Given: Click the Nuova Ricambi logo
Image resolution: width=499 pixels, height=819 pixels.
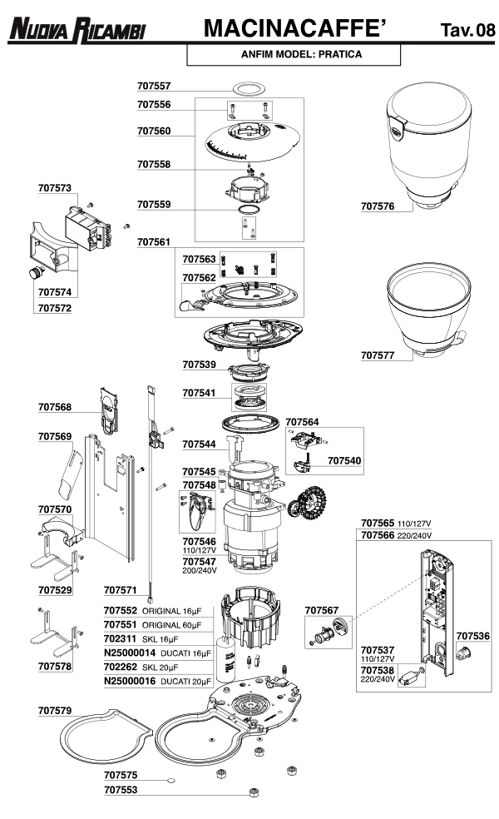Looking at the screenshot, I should pyautogui.click(x=77, y=31).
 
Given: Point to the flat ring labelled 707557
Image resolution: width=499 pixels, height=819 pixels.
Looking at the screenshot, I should pyautogui.click(x=247, y=87).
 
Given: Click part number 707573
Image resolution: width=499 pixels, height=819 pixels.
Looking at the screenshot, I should pyautogui.click(x=55, y=188).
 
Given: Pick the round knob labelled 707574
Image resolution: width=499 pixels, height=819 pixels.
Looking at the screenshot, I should pyautogui.click(x=36, y=274).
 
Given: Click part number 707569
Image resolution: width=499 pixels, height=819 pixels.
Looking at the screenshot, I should pyautogui.click(x=55, y=436).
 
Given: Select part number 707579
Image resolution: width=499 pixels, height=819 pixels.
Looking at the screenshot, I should pyautogui.click(x=55, y=711).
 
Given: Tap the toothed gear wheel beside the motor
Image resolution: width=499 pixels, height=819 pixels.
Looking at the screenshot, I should pyautogui.click(x=309, y=503).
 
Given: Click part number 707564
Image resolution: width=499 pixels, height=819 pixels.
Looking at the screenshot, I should pyautogui.click(x=302, y=422).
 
